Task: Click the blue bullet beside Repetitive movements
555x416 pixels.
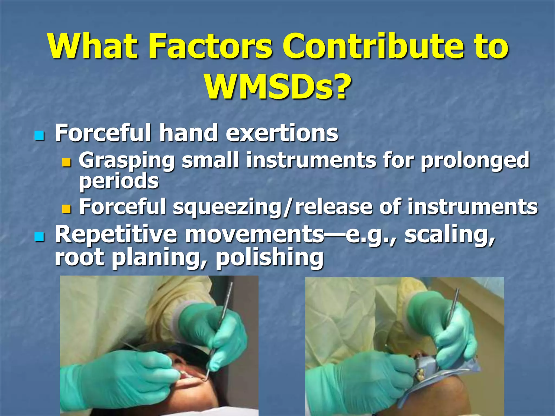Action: (x=39, y=237)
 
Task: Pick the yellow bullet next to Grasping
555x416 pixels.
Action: (x=66, y=162)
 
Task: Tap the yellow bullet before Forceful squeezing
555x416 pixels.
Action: (x=66, y=209)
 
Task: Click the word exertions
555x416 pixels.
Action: (x=282, y=133)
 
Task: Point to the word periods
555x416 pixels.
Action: (x=119, y=181)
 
